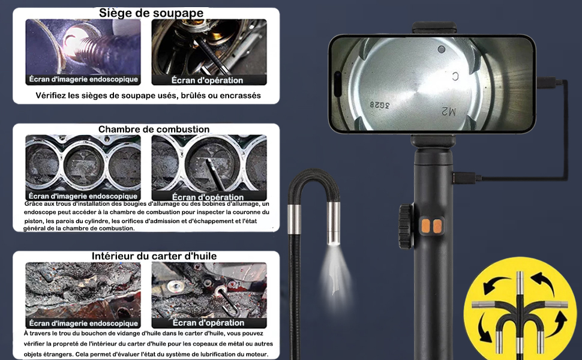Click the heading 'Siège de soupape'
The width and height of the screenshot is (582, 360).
[x=151, y=13]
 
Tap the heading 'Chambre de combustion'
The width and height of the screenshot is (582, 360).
[x=154, y=129]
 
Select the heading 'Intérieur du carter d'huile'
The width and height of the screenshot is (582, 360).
[x=154, y=256]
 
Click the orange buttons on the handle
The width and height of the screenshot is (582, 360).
[x=431, y=226]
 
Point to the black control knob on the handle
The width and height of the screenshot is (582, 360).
[x=406, y=226]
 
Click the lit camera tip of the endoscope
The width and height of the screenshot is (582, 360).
[x=334, y=223]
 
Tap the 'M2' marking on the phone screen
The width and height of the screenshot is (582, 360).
[x=448, y=111]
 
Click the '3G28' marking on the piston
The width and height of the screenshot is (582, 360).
[x=380, y=105]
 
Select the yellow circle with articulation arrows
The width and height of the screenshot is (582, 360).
[x=520, y=309]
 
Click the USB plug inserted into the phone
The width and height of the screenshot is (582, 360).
[x=547, y=82]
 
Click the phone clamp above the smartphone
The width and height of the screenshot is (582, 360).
[x=434, y=28]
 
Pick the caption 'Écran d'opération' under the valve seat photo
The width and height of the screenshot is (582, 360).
[x=207, y=80]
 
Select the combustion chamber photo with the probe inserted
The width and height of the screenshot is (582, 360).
[x=209, y=167]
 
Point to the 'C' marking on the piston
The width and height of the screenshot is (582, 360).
[x=455, y=77]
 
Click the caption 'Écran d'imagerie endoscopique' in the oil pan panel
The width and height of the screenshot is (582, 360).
[x=83, y=323]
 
